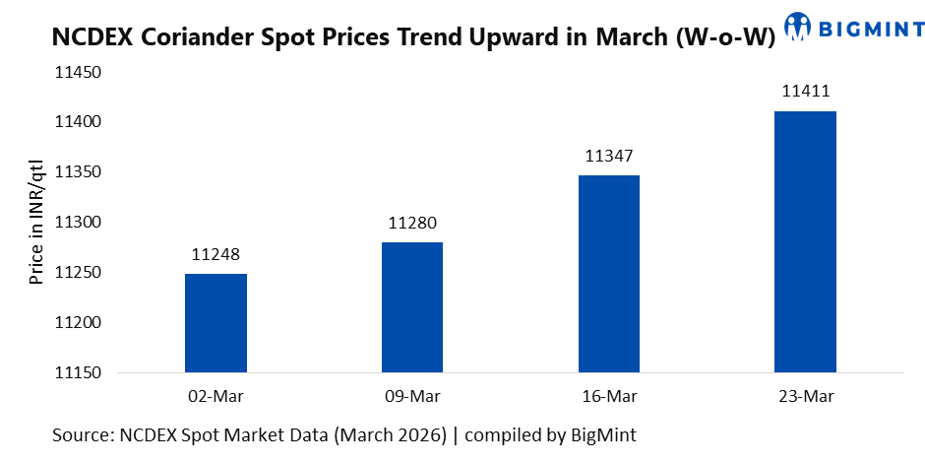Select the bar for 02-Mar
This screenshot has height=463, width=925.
click(216, 323)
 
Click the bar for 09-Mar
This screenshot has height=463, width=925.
click(411, 307)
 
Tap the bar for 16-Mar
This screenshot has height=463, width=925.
click(608, 274)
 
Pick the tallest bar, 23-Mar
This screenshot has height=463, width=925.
click(805, 242)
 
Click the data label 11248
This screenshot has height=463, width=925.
click(216, 255)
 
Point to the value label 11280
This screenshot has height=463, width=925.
click(411, 224)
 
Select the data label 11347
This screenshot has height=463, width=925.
click(608, 157)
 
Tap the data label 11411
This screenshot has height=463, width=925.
click(805, 93)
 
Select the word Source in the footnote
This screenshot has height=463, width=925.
click(82, 433)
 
